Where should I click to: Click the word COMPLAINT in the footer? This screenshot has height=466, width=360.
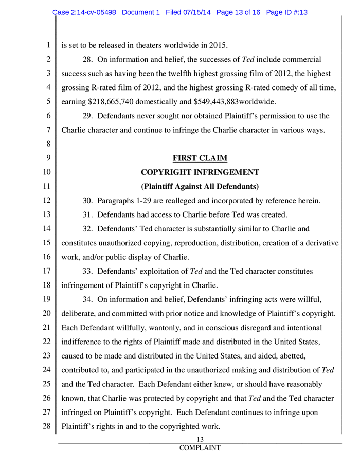tap(200, 448)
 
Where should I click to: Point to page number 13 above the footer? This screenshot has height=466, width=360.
tap(201, 439)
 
